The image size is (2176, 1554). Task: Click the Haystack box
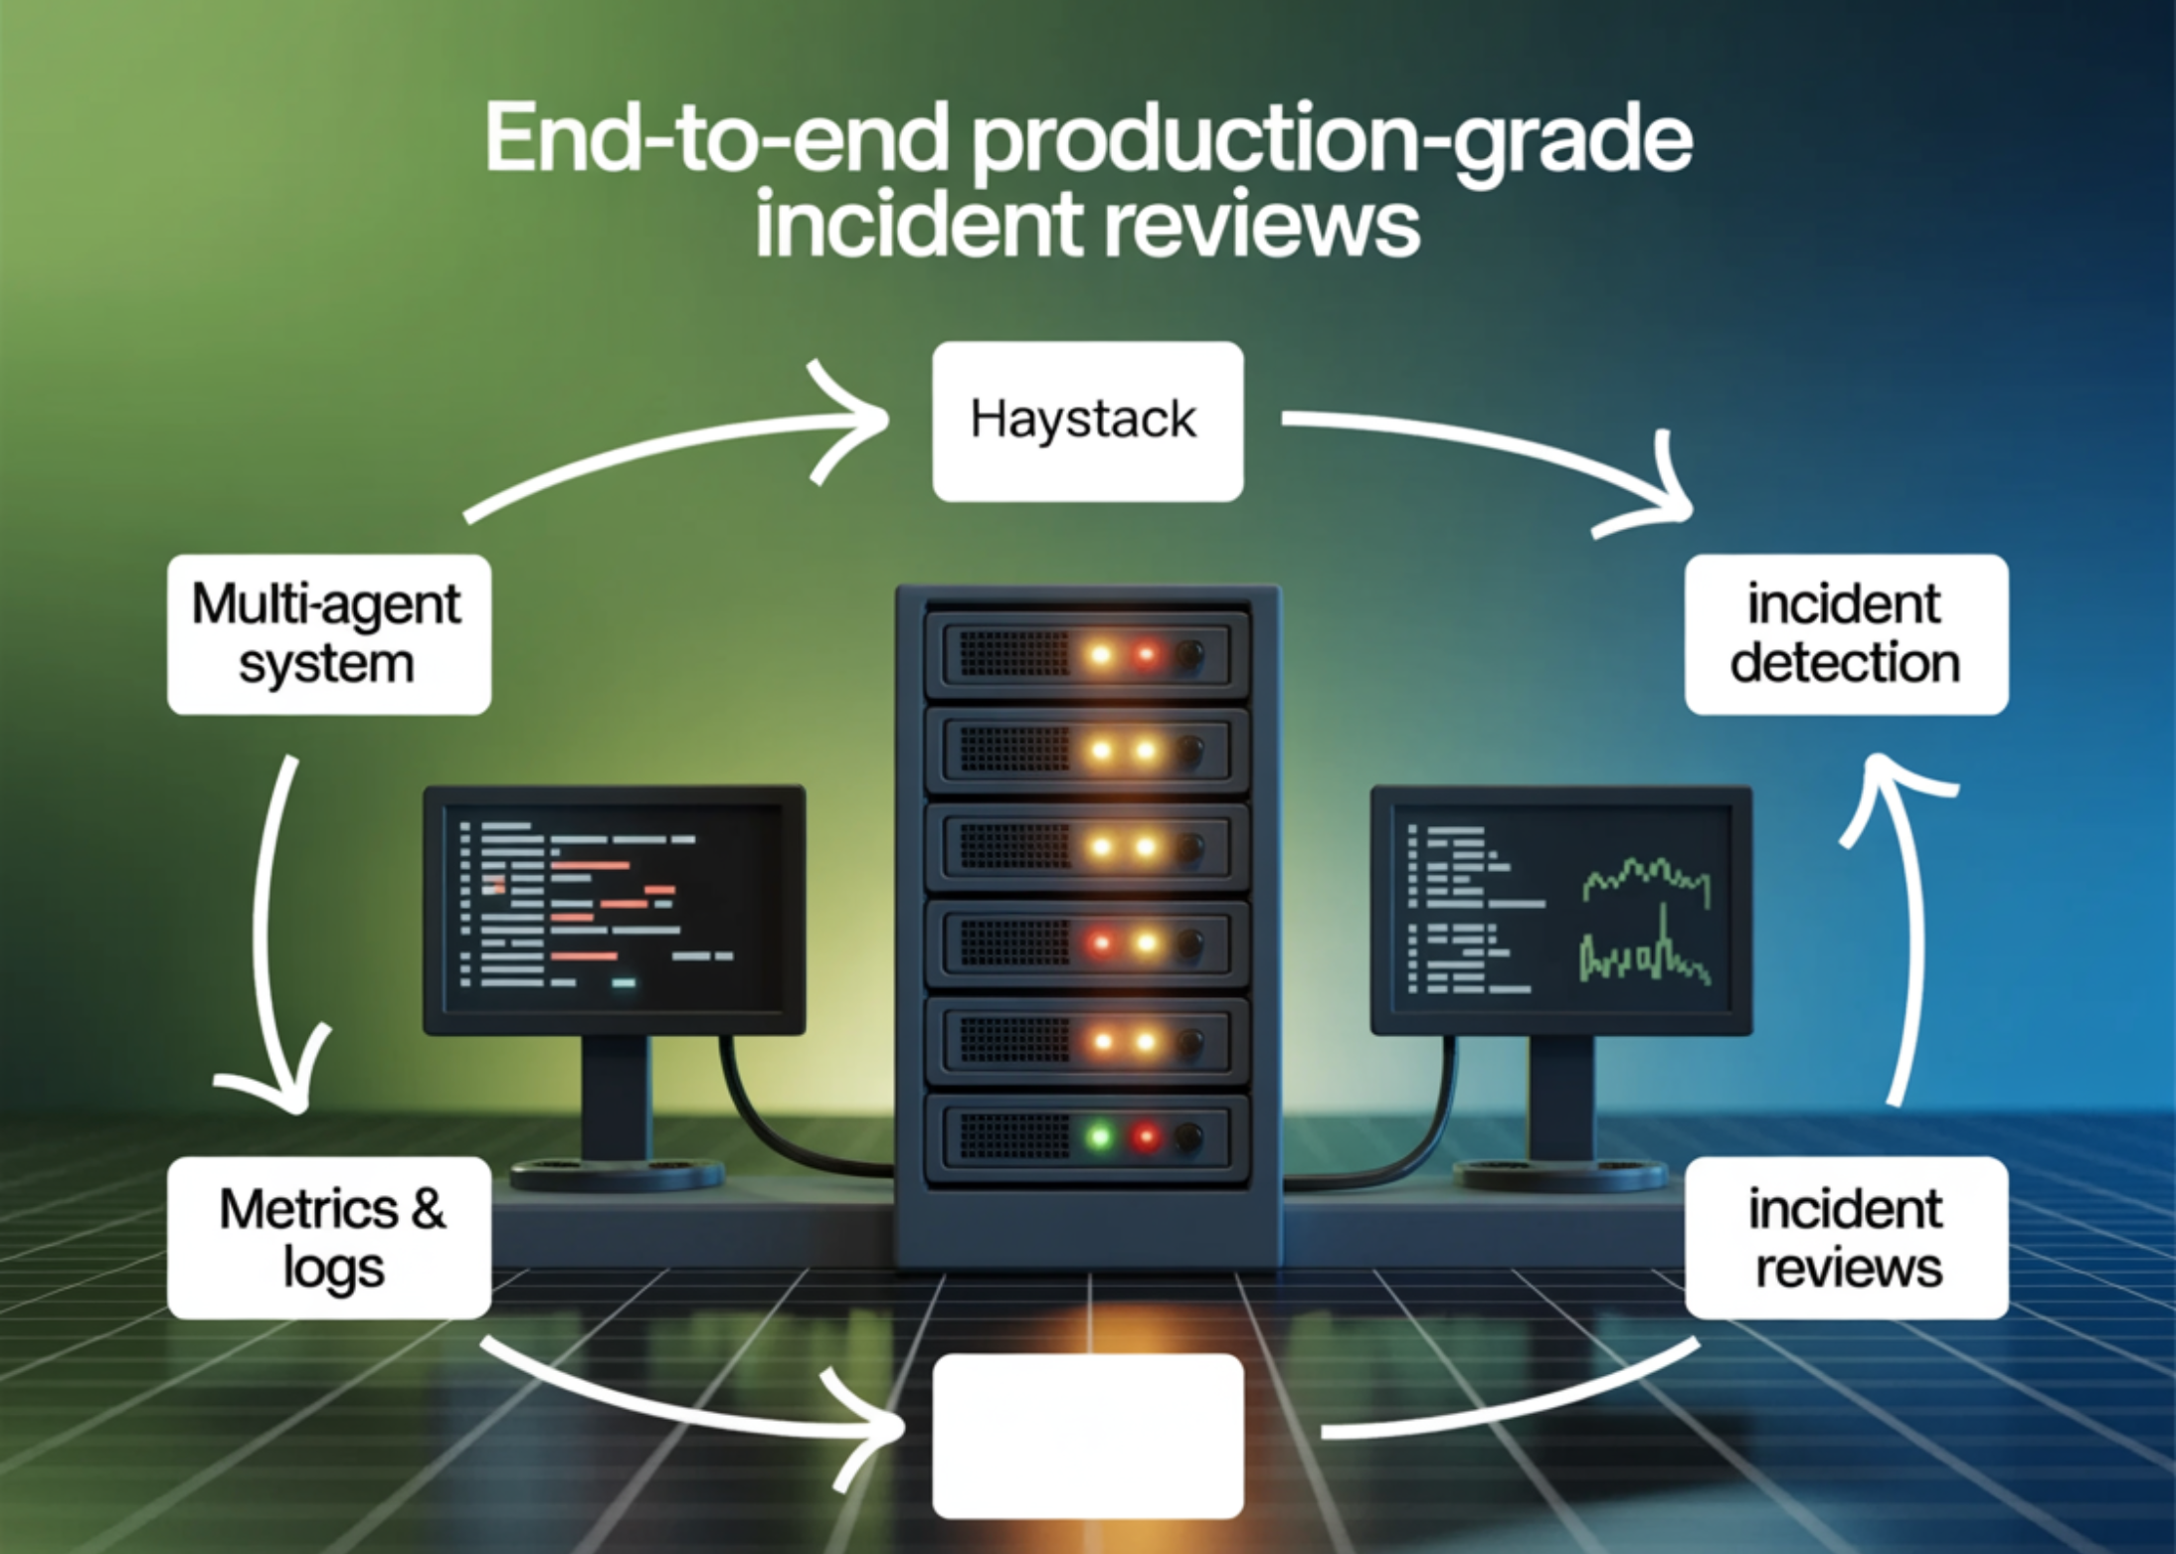pos(1087,421)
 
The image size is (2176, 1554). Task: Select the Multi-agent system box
pos(328,634)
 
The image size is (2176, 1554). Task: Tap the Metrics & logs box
pos(328,1237)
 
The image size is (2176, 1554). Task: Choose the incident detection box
pos(1846,634)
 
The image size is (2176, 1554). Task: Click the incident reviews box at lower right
pos(1846,1237)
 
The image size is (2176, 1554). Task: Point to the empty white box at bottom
pos(1087,1435)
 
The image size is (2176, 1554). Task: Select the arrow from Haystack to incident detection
pos(1492,447)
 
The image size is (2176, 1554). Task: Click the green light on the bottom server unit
pos(1100,1135)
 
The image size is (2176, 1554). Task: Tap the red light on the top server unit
pos(1146,655)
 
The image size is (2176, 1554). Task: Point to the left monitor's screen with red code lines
pos(614,907)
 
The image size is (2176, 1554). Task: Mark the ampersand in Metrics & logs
pos(427,1209)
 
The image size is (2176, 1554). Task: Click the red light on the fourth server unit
pos(1100,943)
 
